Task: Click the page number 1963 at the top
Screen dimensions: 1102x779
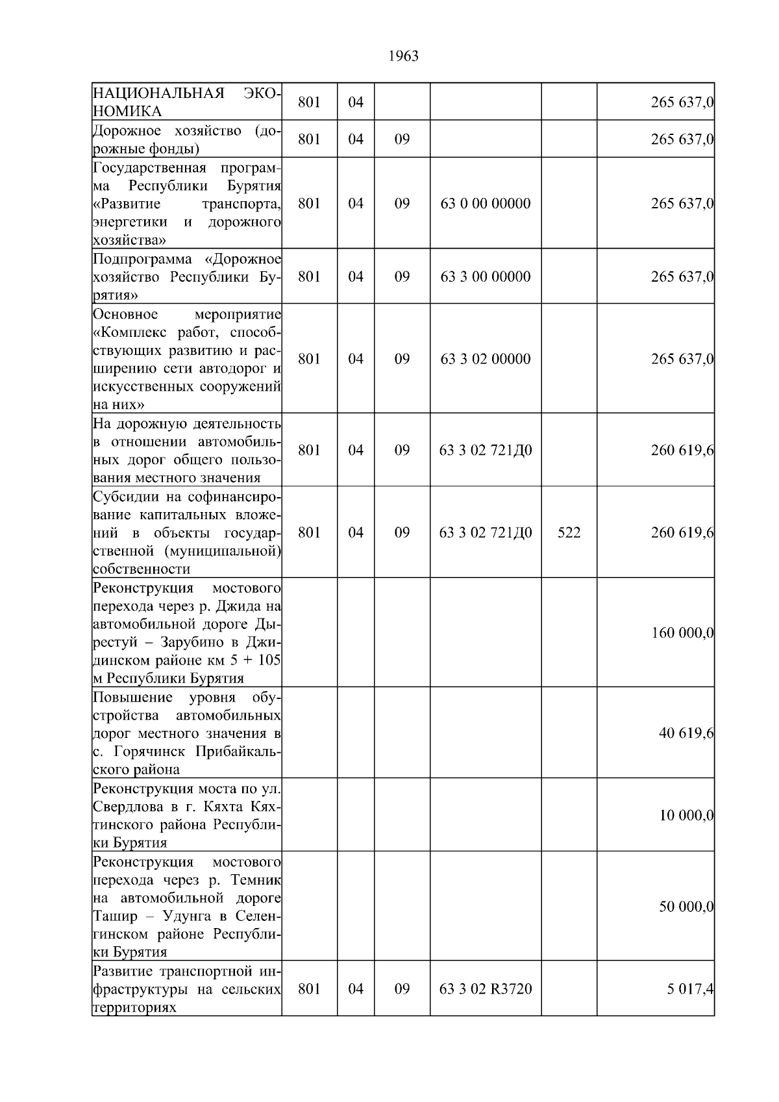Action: pos(403,56)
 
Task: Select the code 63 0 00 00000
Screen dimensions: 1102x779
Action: pos(486,203)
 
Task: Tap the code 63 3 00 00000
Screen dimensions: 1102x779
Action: pos(486,276)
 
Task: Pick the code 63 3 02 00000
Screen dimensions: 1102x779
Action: pos(486,359)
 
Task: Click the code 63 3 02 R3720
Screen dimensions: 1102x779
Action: pos(486,988)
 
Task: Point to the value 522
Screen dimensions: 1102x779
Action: pos(569,532)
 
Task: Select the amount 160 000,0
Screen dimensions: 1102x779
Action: pos(682,632)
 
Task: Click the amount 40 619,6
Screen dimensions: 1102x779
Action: pos(686,733)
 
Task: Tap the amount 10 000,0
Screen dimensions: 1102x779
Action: pos(686,815)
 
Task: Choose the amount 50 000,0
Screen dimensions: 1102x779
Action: pos(686,907)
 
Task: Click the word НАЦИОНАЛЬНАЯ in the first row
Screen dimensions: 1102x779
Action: pos(158,93)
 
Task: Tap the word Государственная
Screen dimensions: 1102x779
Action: pos(149,169)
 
